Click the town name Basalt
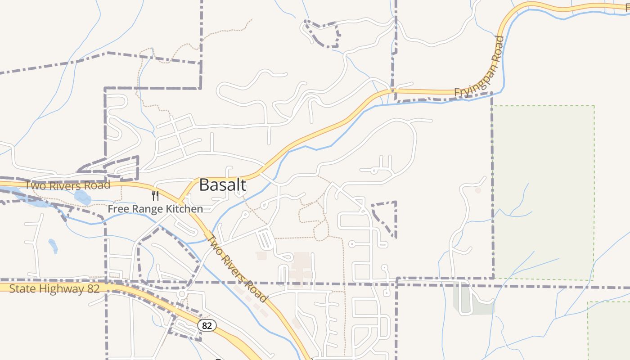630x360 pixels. point(222,185)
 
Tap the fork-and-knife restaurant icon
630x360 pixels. point(155,196)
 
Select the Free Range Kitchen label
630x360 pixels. point(155,209)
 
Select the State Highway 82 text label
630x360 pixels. point(54,288)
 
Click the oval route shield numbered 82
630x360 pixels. point(207,325)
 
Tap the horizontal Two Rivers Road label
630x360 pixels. point(67,185)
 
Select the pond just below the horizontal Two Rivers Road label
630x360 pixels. point(82,197)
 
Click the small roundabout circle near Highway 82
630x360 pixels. point(182,294)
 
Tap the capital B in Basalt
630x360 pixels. point(205,185)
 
